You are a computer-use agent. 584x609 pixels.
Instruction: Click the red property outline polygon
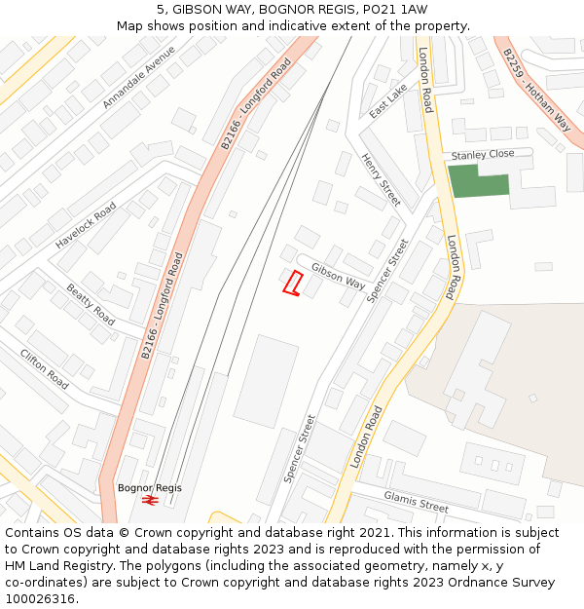pyautogui.click(x=292, y=283)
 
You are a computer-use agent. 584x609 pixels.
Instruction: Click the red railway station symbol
pyautogui.click(x=150, y=500)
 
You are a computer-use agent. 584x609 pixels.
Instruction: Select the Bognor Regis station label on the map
pyautogui.click(x=149, y=488)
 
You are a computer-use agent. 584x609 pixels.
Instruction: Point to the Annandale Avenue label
pyautogui.click(x=139, y=76)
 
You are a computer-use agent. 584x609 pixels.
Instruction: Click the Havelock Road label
pyautogui.click(x=86, y=225)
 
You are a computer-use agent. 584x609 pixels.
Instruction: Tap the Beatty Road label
pyautogui.click(x=91, y=304)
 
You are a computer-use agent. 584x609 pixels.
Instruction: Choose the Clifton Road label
pyautogui.click(x=45, y=368)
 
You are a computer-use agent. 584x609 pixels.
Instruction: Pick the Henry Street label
pyautogui.click(x=381, y=179)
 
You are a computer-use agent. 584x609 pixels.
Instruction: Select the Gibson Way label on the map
pyautogui.click(x=338, y=277)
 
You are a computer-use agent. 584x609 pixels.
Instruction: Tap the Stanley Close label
pyautogui.click(x=482, y=155)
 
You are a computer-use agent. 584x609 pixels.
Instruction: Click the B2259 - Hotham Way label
pyautogui.click(x=537, y=90)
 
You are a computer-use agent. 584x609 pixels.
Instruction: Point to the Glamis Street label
pyautogui.click(x=416, y=501)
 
